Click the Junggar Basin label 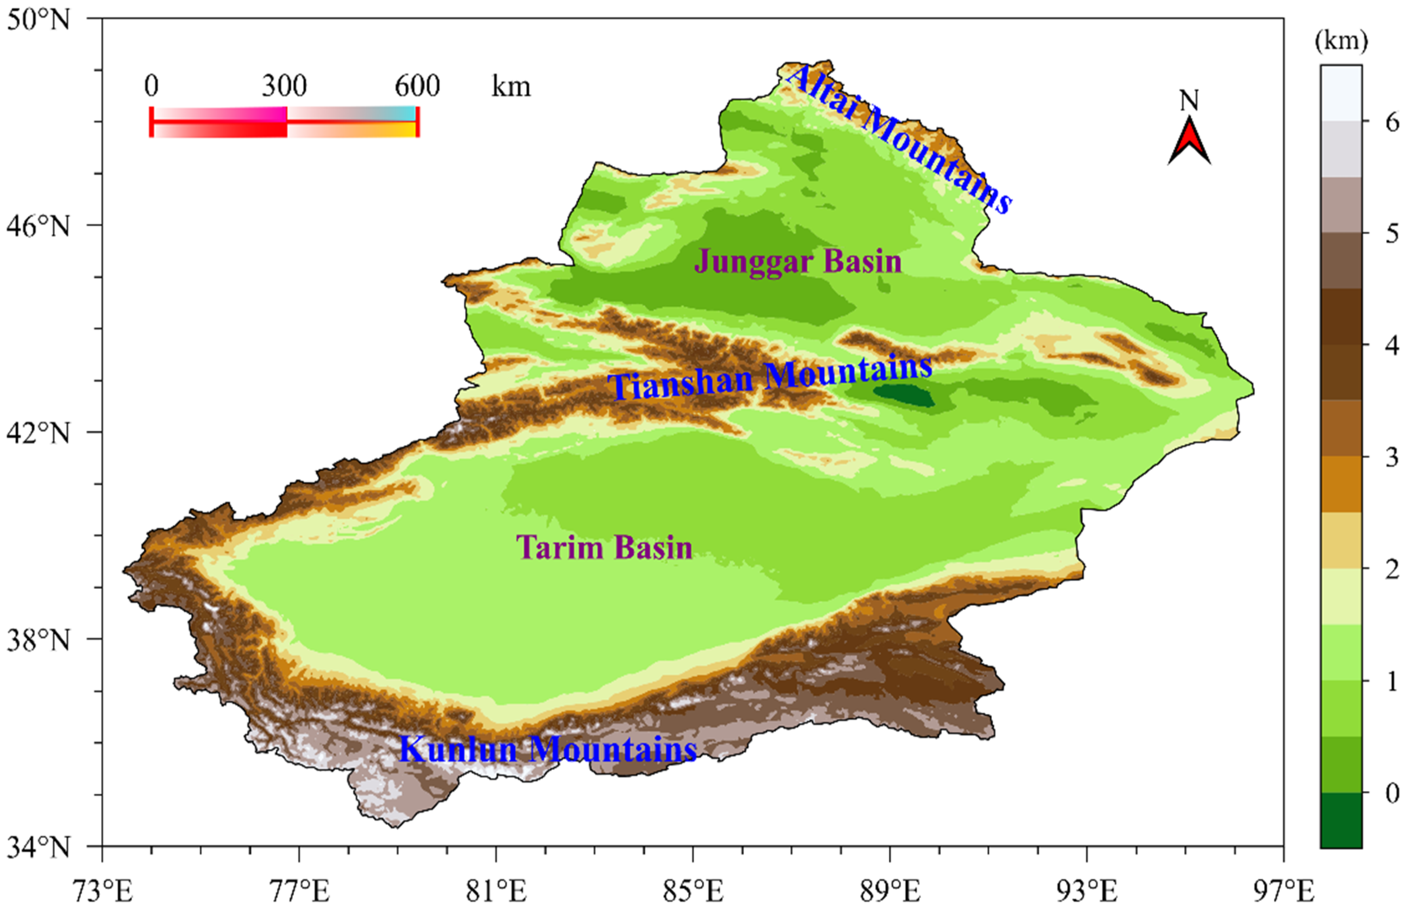798,261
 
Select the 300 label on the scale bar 285,86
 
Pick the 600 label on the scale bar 417,86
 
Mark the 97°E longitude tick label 1282,891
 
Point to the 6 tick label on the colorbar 1392,122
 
